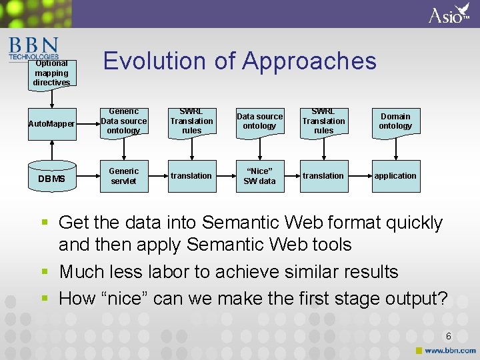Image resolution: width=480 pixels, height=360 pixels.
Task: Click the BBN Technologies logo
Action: (x=33, y=48)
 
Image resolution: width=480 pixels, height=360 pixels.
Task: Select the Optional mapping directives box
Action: (x=51, y=73)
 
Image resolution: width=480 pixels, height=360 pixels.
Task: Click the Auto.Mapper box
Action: (x=51, y=124)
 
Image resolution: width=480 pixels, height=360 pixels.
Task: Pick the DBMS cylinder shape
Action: (x=51, y=177)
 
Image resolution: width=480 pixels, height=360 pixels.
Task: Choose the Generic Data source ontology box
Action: (x=123, y=121)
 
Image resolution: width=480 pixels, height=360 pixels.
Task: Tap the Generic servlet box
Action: (x=123, y=176)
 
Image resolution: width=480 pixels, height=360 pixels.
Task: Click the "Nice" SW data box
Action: (x=259, y=176)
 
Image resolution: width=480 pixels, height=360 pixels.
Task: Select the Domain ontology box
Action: (x=395, y=121)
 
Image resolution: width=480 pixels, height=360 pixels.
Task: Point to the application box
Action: (x=395, y=176)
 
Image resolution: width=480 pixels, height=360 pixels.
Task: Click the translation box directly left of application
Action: (x=323, y=176)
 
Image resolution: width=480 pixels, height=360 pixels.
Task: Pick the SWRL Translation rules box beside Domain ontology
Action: (x=323, y=121)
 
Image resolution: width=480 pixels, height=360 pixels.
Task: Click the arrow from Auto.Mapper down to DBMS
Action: (x=51, y=151)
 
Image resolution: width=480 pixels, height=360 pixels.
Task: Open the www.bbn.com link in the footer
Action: (x=450, y=350)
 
